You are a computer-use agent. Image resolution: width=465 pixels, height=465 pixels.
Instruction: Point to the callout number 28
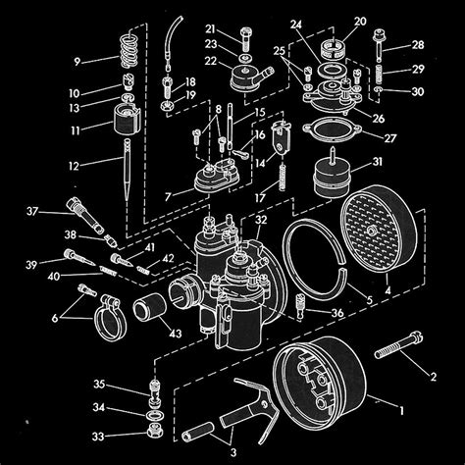(x=419, y=45)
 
